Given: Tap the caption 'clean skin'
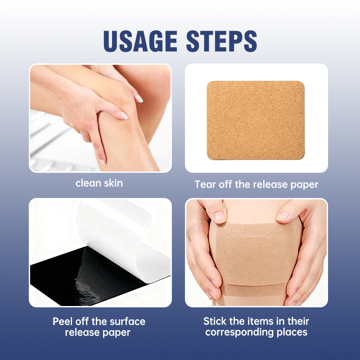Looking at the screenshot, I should pyautogui.click(x=99, y=183).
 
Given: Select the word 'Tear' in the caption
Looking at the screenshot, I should pyautogui.click(x=204, y=184).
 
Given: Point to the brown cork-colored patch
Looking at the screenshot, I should pyautogui.click(x=256, y=121).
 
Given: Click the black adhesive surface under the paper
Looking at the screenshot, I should pyautogui.click(x=81, y=279).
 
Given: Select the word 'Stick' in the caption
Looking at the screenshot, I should pyautogui.click(x=214, y=321).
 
